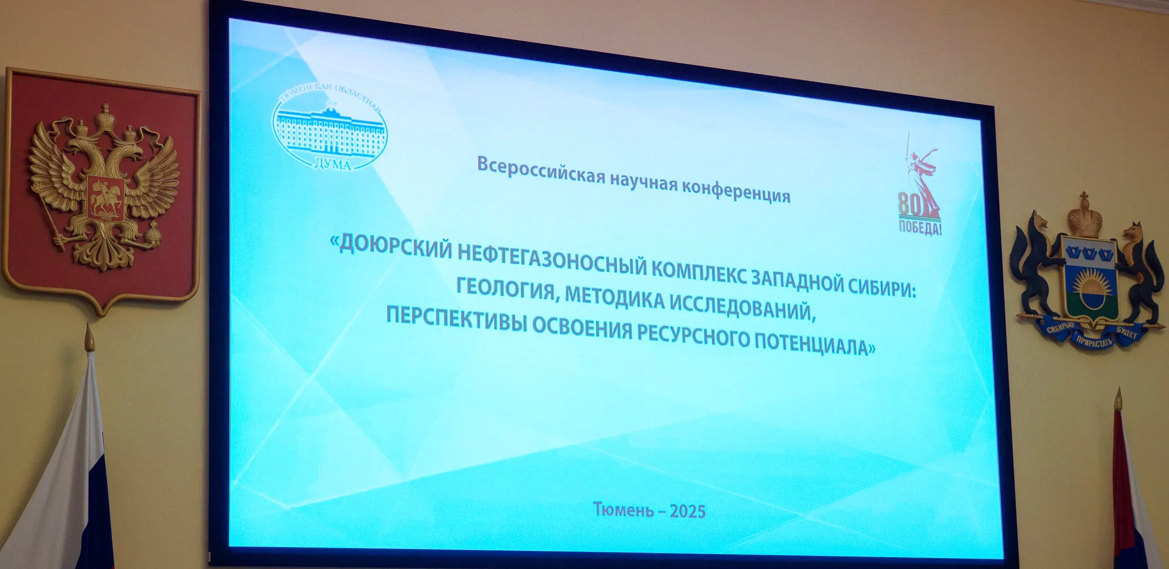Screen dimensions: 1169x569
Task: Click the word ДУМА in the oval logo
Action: click(333, 164)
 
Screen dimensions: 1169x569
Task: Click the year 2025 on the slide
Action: click(688, 511)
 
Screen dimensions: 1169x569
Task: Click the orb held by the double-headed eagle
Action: click(153, 235)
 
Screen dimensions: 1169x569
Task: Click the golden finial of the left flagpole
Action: click(90, 338)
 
